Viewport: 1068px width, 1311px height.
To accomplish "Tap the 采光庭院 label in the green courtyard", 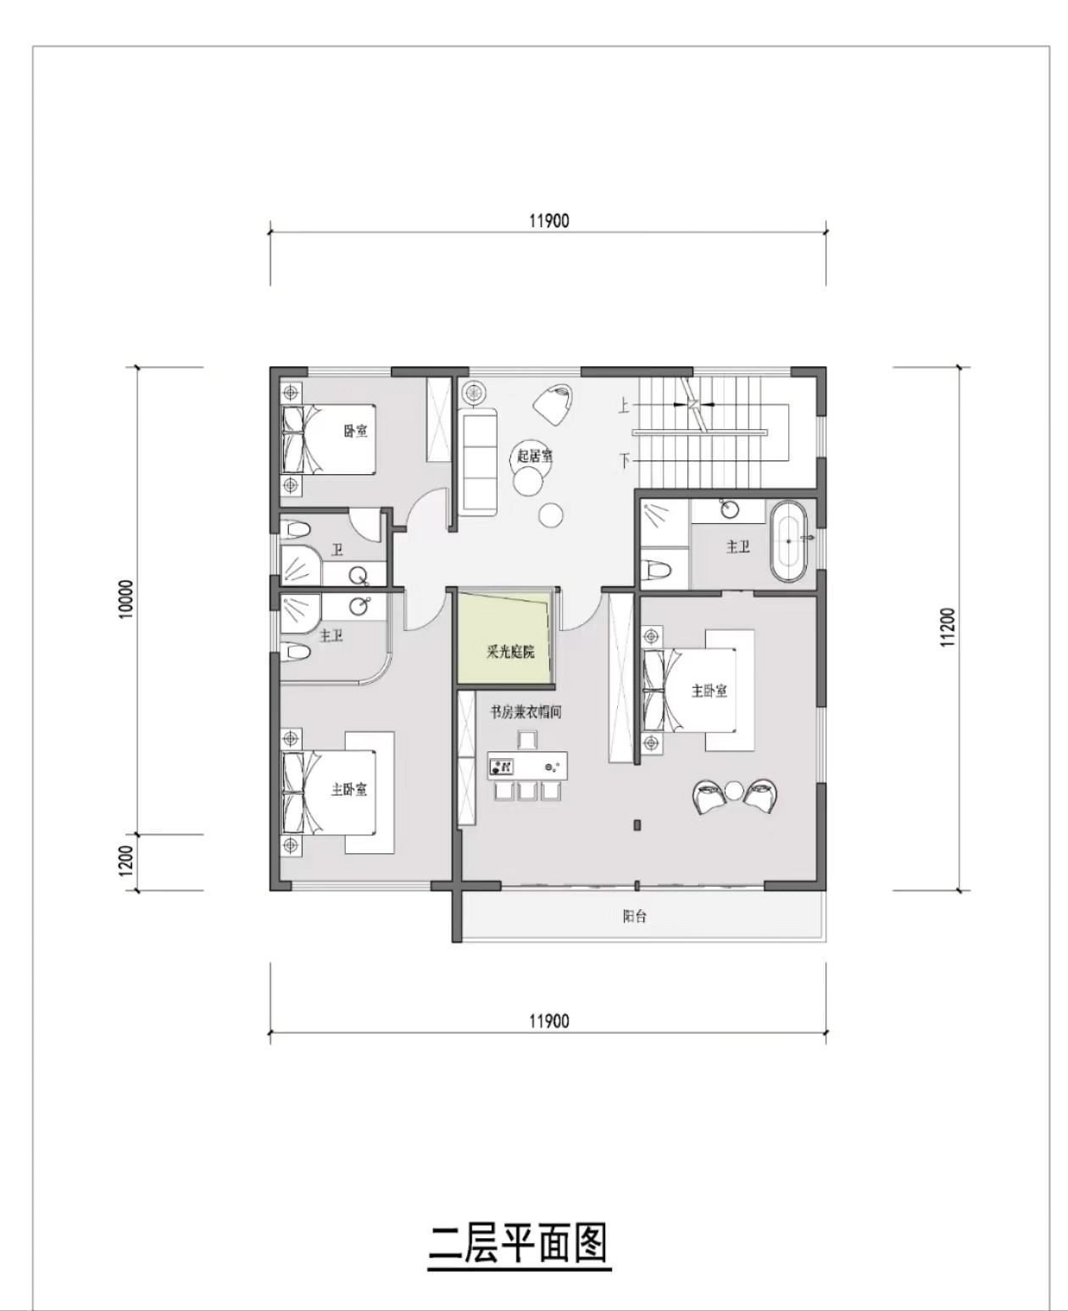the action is (510, 652).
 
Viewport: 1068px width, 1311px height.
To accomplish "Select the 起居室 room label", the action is (535, 456).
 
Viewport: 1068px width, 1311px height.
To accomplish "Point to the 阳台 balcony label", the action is (635, 916).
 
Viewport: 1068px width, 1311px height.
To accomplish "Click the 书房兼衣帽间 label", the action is (525, 713).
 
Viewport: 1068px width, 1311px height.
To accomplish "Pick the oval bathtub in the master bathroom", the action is (788, 542).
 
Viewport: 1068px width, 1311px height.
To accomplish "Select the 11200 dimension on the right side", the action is (948, 628).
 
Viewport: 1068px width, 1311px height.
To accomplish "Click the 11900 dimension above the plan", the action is (549, 220).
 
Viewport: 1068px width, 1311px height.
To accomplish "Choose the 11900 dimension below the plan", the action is (549, 1021).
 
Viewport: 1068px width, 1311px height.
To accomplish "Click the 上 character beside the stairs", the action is (624, 406).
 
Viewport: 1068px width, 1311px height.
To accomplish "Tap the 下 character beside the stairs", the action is (625, 460).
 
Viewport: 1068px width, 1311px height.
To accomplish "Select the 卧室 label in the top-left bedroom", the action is (356, 431).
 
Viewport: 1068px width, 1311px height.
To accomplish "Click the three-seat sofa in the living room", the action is (479, 462).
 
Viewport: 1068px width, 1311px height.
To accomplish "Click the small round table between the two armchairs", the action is (735, 790).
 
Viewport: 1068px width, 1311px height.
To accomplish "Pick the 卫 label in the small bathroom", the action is (337, 550).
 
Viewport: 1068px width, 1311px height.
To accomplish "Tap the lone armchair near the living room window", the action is (553, 404).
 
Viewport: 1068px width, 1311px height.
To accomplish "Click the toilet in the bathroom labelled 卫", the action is (295, 528).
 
